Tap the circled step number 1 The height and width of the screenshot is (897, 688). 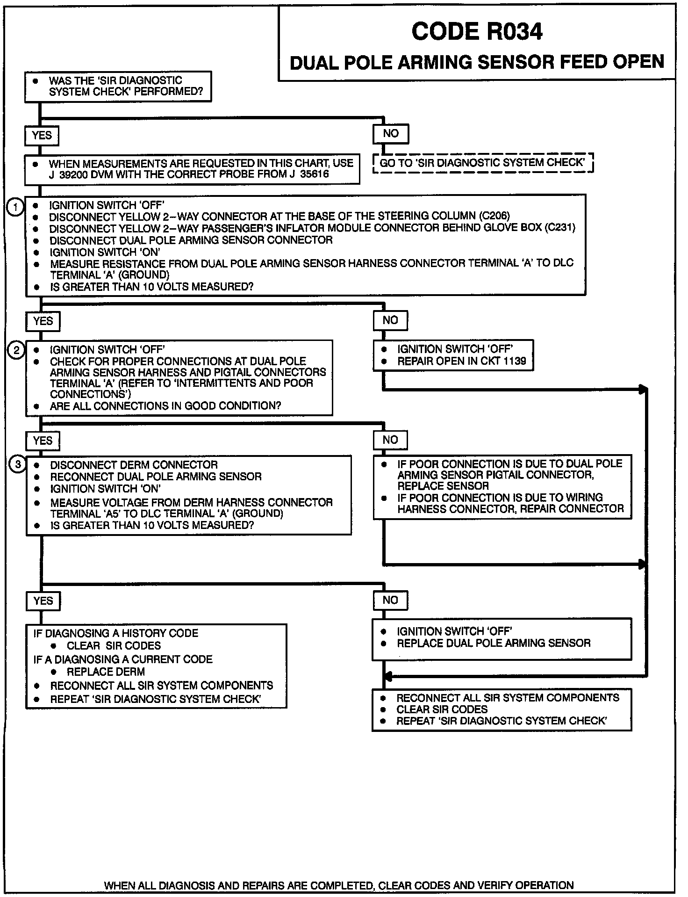point(15,207)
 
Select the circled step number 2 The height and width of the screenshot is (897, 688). point(16,350)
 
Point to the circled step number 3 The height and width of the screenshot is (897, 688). point(18,464)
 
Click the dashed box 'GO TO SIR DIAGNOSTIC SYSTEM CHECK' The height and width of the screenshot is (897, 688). point(483,163)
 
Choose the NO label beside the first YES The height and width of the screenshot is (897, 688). point(391,134)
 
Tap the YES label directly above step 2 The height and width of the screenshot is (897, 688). point(43,321)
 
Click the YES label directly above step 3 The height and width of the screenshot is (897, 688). point(43,441)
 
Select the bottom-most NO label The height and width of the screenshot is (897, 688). point(390,600)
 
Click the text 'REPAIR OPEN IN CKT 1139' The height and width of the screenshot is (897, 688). point(461,361)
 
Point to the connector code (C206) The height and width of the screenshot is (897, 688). point(494,216)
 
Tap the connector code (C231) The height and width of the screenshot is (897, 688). point(559,228)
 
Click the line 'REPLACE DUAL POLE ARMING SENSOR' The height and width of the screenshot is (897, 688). point(494,643)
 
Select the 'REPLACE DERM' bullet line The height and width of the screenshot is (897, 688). point(106,672)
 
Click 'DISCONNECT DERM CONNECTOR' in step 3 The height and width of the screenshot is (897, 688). point(134,465)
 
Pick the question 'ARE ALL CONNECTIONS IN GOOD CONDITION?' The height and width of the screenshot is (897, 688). point(165,405)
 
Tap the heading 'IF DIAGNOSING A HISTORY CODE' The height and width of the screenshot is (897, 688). point(116,633)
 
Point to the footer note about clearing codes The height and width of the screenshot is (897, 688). point(338,885)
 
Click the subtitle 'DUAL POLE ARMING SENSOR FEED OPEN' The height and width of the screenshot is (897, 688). point(477,62)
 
